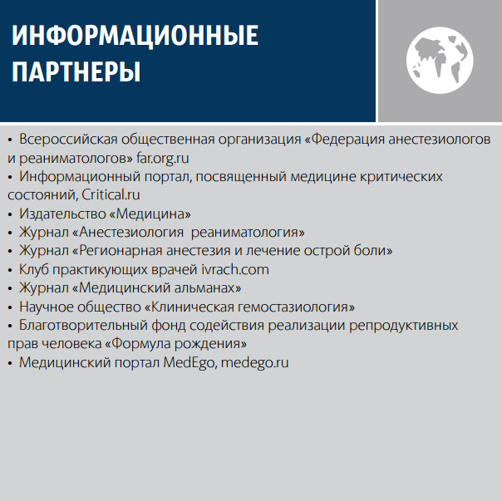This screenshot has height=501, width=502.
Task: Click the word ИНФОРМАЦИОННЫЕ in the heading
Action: click(135, 37)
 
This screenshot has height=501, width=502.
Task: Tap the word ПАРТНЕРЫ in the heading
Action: click(76, 71)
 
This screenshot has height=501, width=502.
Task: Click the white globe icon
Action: click(440, 60)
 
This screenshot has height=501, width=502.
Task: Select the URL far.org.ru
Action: click(163, 158)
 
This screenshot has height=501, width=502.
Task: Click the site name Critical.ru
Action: click(111, 194)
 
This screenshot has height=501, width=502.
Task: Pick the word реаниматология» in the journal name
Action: click(248, 232)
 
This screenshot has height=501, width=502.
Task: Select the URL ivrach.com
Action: click(235, 269)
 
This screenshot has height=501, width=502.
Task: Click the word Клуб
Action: click(34, 269)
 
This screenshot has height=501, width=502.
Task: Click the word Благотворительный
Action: click(83, 325)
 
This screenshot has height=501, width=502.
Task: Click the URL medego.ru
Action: click(255, 363)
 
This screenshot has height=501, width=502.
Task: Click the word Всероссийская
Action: click(68, 140)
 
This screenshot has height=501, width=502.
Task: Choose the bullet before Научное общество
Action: click(10, 307)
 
